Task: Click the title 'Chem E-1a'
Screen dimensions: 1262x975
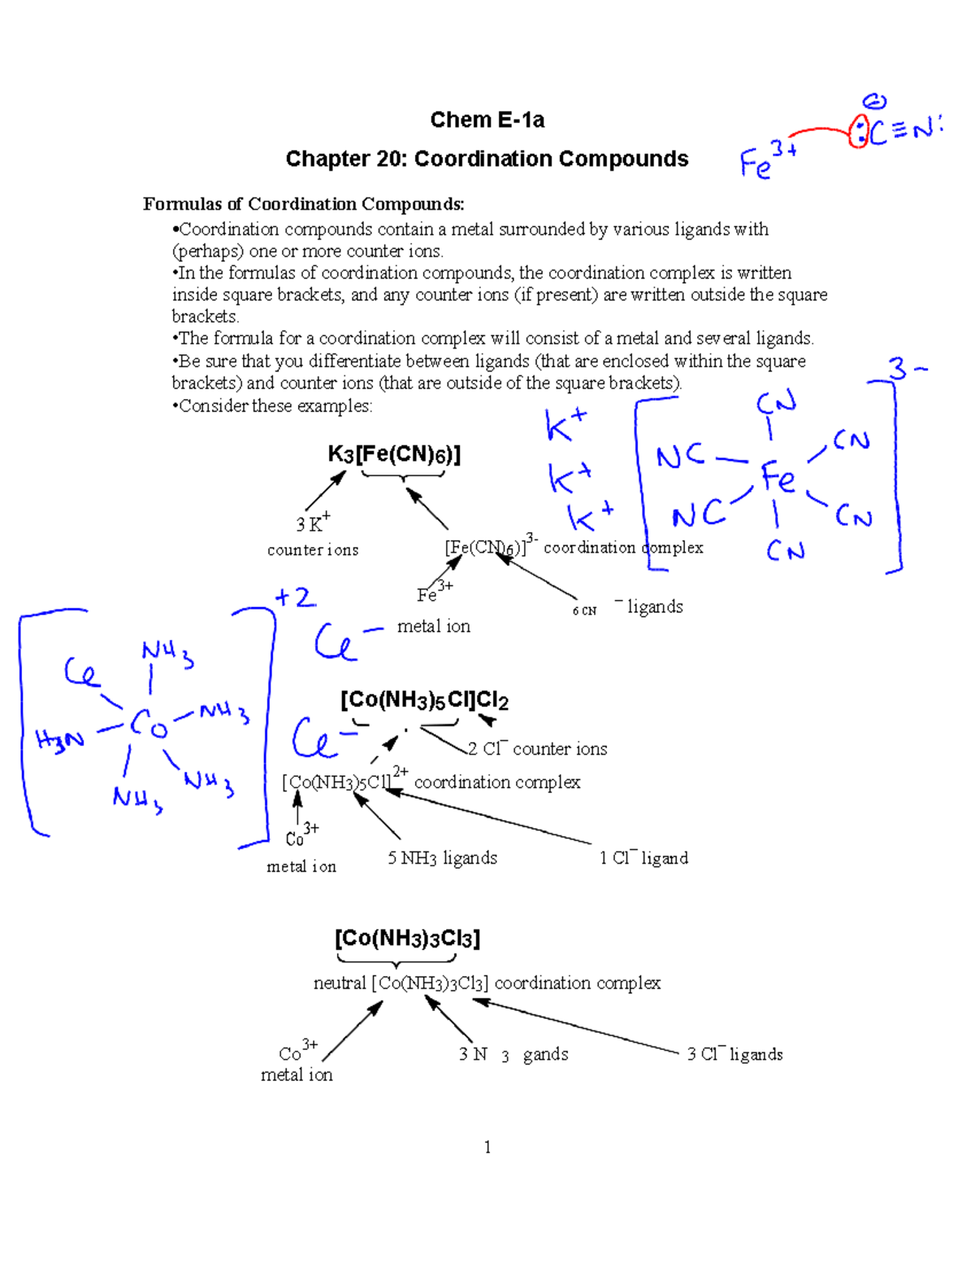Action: (x=487, y=120)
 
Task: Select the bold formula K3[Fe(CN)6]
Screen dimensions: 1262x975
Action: (x=394, y=454)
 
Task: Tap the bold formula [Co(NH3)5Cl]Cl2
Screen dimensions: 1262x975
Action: (x=424, y=700)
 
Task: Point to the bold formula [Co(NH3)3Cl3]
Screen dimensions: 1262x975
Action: (x=407, y=939)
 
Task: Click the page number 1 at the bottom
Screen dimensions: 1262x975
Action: (x=487, y=1147)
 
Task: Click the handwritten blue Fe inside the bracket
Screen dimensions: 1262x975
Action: (x=778, y=477)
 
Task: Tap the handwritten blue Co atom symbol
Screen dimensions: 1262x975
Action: (x=149, y=722)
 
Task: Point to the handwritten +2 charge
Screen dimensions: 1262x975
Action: (x=295, y=598)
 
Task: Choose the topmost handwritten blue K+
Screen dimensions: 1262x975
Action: (x=565, y=423)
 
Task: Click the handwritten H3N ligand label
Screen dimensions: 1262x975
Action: (x=59, y=739)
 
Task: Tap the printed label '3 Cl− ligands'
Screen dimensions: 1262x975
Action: (x=734, y=1054)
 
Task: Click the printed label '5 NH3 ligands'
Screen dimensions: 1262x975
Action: (x=442, y=858)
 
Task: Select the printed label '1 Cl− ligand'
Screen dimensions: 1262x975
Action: (x=643, y=858)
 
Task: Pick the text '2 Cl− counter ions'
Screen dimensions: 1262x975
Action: (x=537, y=748)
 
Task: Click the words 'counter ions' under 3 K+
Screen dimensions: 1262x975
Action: (x=313, y=550)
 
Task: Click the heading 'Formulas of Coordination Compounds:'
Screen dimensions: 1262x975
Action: (x=304, y=204)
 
